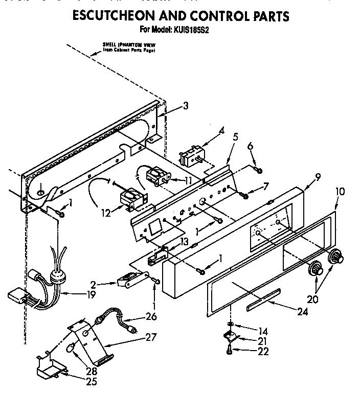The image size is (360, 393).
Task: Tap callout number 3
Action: click(x=185, y=106)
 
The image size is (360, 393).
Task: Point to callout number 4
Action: click(x=221, y=131)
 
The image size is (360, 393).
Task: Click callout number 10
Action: click(x=340, y=192)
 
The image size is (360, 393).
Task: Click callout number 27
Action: click(x=149, y=337)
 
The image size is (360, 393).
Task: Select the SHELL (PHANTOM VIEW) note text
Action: click(x=128, y=49)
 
